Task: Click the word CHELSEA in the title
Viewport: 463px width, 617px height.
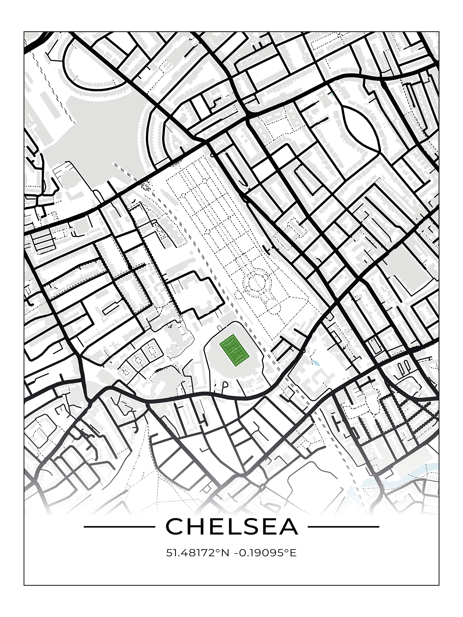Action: click(x=232, y=526)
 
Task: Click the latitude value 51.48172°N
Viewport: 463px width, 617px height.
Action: click(x=198, y=552)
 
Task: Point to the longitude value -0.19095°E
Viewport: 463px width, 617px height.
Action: click(x=265, y=552)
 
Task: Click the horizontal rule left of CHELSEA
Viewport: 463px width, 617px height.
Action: click(x=119, y=527)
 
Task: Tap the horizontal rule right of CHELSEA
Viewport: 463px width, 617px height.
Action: click(x=343, y=527)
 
